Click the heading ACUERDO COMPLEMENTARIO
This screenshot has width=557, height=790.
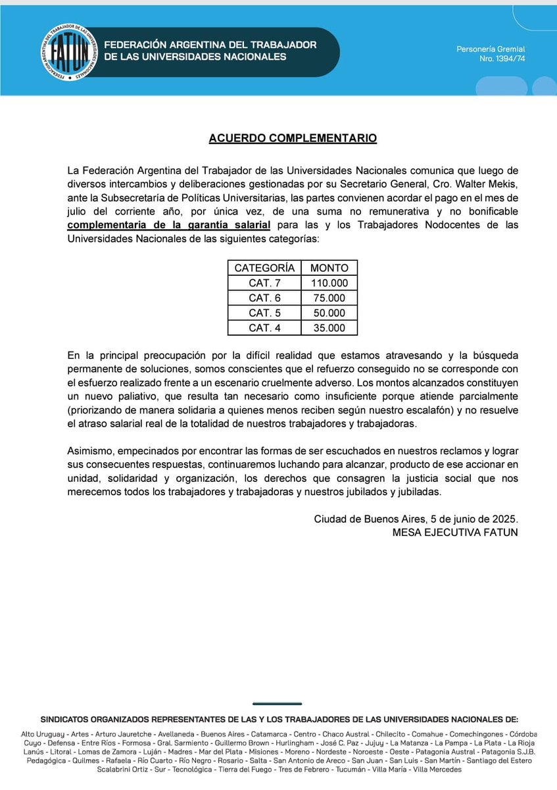tap(293, 138)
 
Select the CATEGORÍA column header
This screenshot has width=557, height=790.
tap(264, 268)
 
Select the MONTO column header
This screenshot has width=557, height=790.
tap(329, 268)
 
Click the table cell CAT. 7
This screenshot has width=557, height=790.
tap(264, 283)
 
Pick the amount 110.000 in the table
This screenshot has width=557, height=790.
tap(329, 283)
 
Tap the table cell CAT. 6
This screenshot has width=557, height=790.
tap(264, 298)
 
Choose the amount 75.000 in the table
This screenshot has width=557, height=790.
tap(329, 298)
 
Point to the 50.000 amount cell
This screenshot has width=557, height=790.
tap(329, 313)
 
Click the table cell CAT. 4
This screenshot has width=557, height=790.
tap(264, 329)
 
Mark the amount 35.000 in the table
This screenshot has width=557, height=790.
tap(329, 329)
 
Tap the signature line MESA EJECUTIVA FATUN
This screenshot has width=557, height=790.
tap(454, 532)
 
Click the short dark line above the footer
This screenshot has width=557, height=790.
tap(277, 704)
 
